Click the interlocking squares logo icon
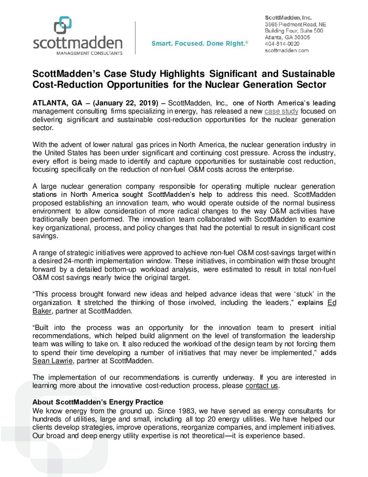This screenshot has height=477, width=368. coord(63,25)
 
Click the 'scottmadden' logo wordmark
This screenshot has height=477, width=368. coord(78,43)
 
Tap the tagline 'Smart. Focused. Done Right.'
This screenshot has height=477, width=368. coord(199,43)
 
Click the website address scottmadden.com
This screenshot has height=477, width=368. coord(287,50)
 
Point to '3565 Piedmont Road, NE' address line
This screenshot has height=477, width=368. coord(295,24)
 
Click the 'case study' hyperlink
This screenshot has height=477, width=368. coord(281,111)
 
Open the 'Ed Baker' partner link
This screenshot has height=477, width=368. coord(332,303)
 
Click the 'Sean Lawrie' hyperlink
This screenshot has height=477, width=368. coord(52,361)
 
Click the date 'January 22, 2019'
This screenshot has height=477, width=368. coord(125,103)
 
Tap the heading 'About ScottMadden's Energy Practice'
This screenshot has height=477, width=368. coord(98,402)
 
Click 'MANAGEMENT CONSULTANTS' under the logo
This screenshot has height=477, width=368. coord(89,53)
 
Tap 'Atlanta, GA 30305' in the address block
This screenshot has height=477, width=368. coord(287,37)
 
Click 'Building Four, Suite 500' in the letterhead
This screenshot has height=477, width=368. coord(294,31)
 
